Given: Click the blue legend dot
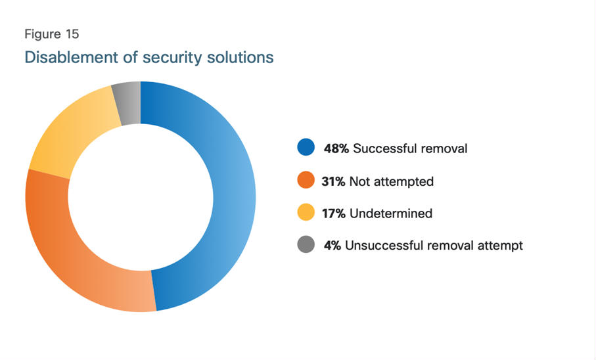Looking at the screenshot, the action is point(306,147).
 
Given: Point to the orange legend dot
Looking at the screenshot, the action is point(306,180).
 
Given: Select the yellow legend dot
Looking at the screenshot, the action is point(306,212).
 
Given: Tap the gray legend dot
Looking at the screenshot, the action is point(306,244).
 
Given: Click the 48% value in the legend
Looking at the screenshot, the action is point(336,148).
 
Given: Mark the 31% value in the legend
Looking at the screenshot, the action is point(333,181).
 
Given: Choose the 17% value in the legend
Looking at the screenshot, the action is point(333,214).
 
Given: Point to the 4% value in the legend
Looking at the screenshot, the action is point(332,245).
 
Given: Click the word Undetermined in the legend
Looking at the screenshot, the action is point(391,214).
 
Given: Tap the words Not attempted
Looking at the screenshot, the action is point(391,182).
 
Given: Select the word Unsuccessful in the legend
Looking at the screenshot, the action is point(384,245).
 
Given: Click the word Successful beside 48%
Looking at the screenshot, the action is point(384,148).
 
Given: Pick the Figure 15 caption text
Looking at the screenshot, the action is point(52,34).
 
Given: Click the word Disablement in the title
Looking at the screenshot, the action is point(71,57).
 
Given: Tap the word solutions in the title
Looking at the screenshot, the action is point(241,57).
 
